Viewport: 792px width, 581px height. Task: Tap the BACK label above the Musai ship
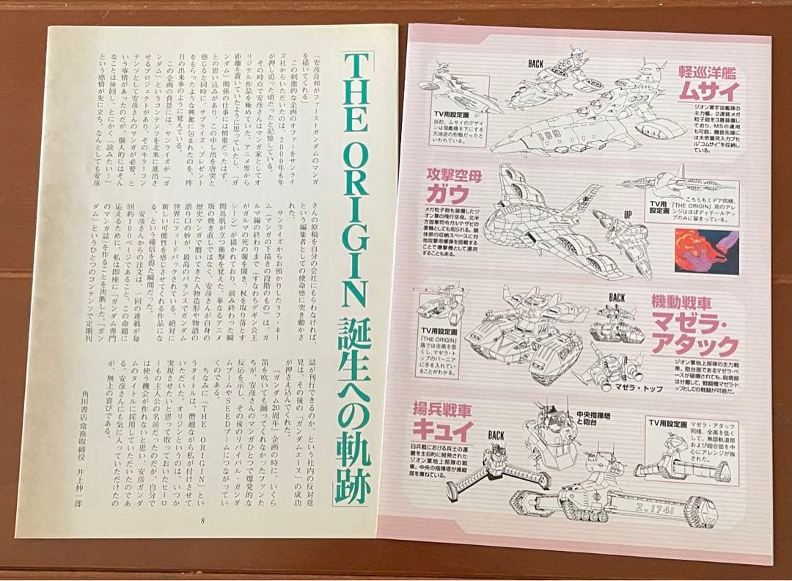(536, 64)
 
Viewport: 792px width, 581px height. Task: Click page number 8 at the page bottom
(202, 520)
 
